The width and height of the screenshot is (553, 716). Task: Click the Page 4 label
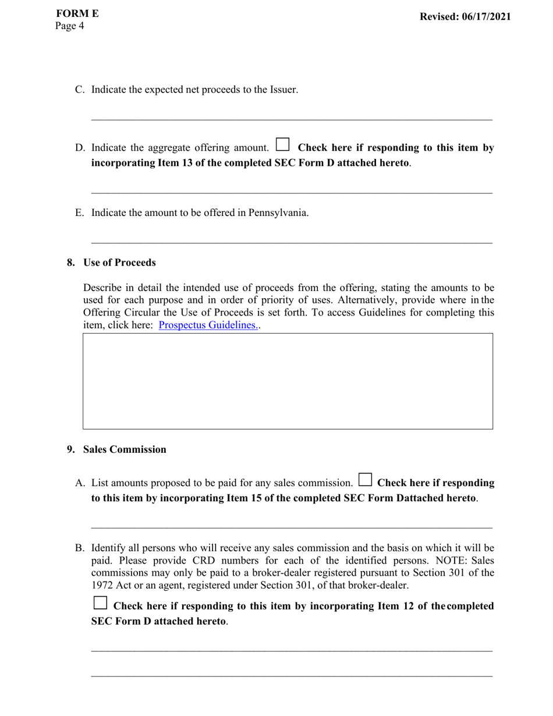70,26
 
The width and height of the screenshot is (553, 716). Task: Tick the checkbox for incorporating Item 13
282,144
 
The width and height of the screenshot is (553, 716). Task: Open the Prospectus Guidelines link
208,325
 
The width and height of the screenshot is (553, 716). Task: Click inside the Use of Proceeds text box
288,381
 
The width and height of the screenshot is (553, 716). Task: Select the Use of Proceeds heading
119,263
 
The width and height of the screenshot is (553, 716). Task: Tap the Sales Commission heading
125,449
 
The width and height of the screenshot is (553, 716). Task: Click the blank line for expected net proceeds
292,120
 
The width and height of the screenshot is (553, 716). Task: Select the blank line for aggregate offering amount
292,193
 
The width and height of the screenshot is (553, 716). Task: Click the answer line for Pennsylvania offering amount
292,242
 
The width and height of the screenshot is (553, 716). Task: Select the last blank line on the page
292,676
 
